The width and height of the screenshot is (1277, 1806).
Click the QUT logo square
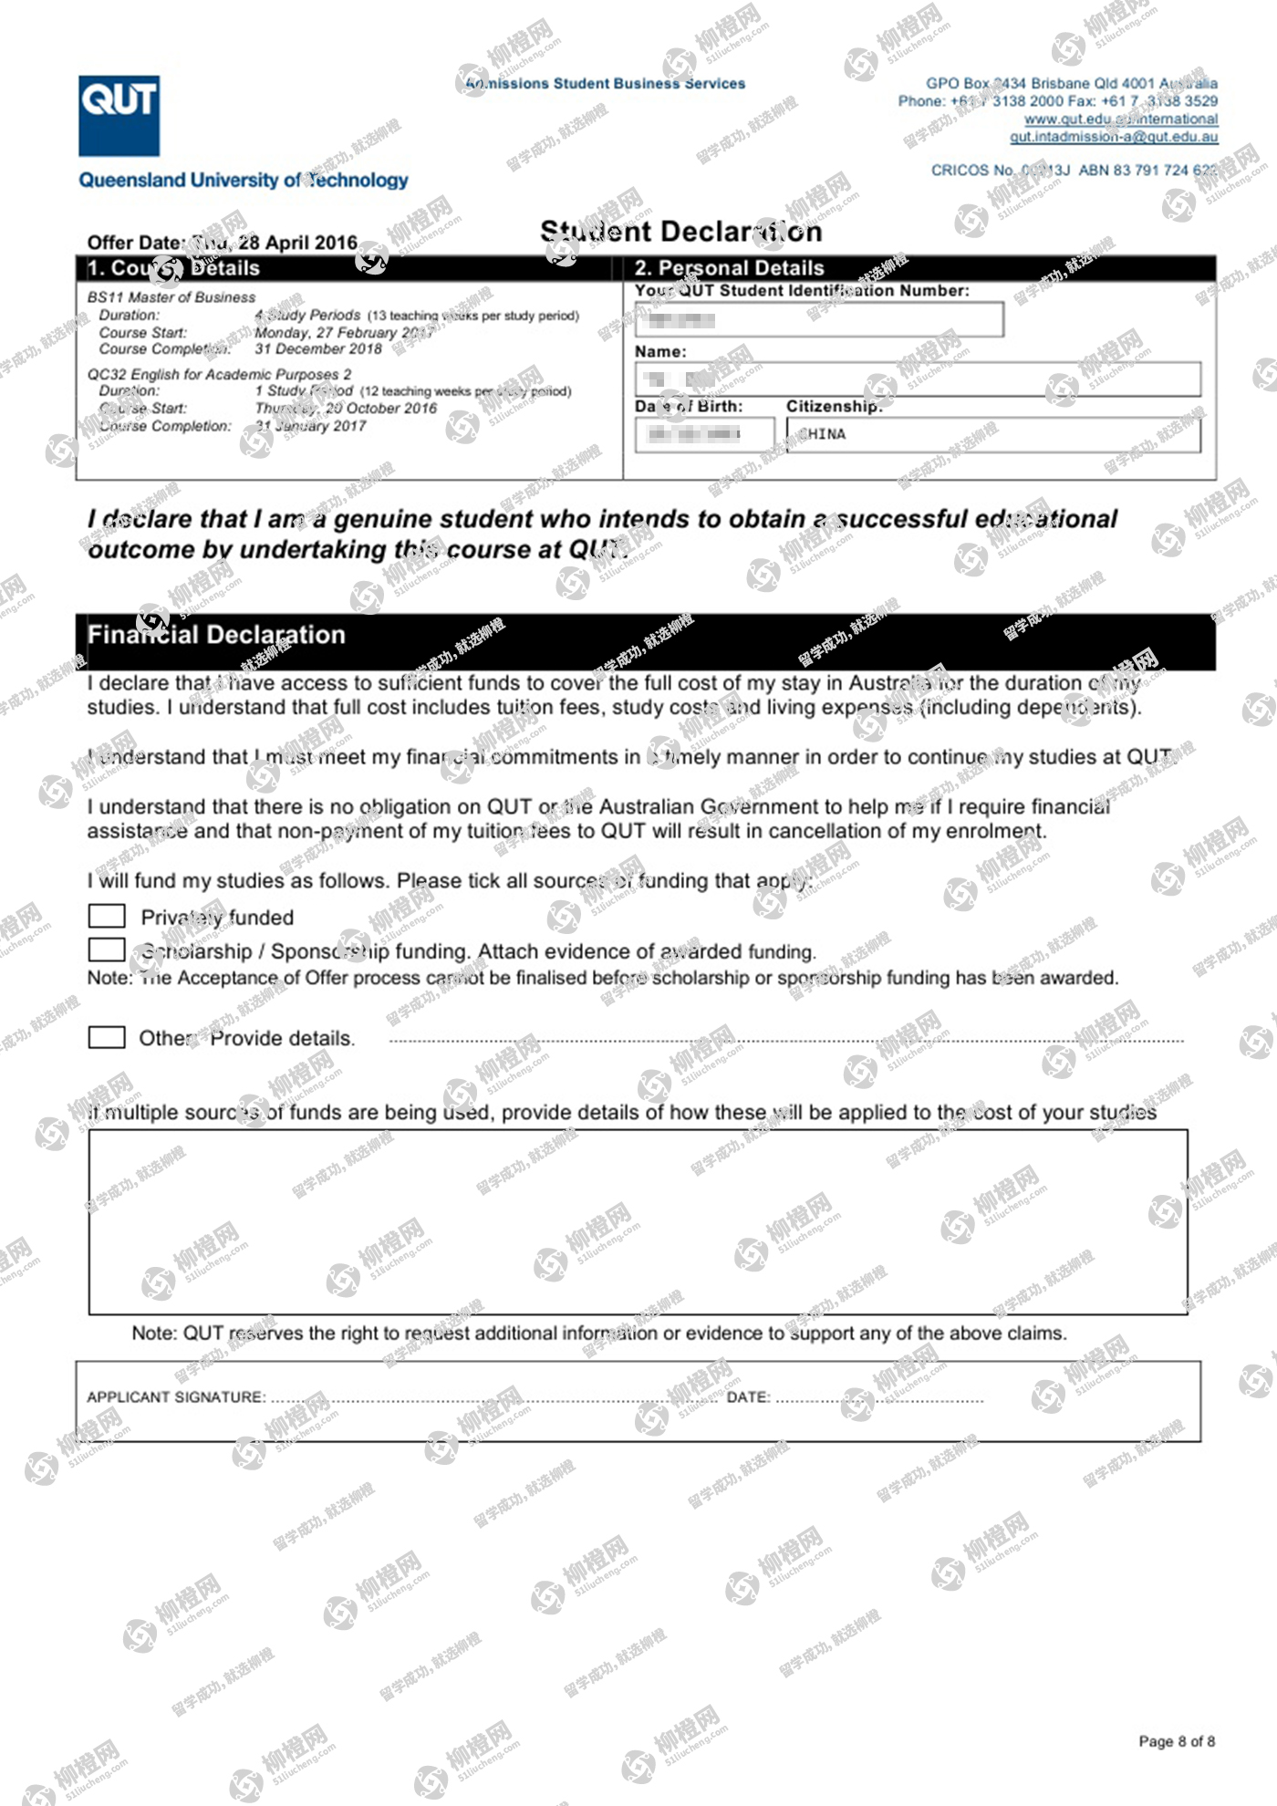[119, 116]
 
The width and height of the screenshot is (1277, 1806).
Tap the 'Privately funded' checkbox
[107, 915]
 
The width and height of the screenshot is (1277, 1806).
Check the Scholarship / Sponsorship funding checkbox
[107, 950]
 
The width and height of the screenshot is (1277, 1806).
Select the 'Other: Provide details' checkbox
[107, 1037]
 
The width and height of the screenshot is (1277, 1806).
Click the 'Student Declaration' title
[680, 232]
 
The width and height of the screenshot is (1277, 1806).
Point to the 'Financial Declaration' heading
[216, 635]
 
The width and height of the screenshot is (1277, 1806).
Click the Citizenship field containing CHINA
[992, 434]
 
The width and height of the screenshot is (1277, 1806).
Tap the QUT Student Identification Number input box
[818, 319]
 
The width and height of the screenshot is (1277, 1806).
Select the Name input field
[917, 379]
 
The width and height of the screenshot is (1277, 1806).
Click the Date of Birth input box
[703, 434]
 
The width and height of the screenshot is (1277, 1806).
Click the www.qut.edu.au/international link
[1120, 119]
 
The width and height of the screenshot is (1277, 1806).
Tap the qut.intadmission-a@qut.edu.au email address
[1113, 137]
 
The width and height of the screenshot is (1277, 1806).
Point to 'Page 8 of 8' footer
[1176, 1741]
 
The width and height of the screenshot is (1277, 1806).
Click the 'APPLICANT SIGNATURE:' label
[176, 1397]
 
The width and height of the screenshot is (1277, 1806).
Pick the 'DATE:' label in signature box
[748, 1397]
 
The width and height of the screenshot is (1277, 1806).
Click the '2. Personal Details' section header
[729, 268]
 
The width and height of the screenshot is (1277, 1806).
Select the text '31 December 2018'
[317, 349]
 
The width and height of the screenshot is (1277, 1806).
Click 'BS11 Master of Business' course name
[171, 297]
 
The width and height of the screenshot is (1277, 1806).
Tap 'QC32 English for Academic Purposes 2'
[219, 374]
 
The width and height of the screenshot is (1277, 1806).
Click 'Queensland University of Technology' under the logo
[243, 181]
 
